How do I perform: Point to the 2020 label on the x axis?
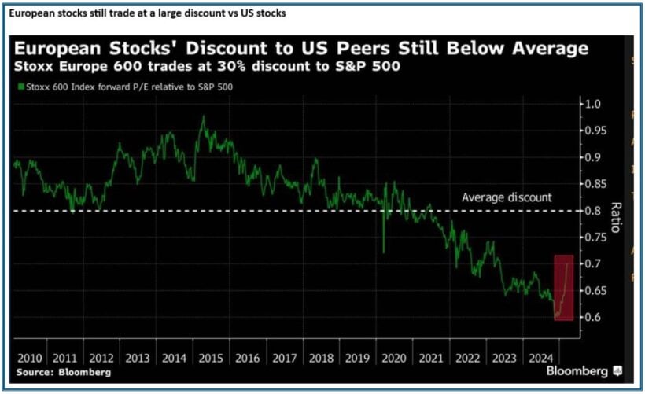pyautogui.click(x=392, y=357)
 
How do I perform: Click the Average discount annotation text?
pyautogui.click(x=507, y=197)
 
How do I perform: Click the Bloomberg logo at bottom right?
pyautogui.click(x=582, y=370)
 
